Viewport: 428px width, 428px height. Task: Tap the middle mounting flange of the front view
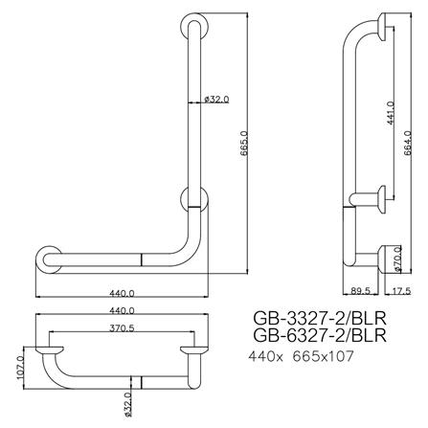(x=191, y=200)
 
